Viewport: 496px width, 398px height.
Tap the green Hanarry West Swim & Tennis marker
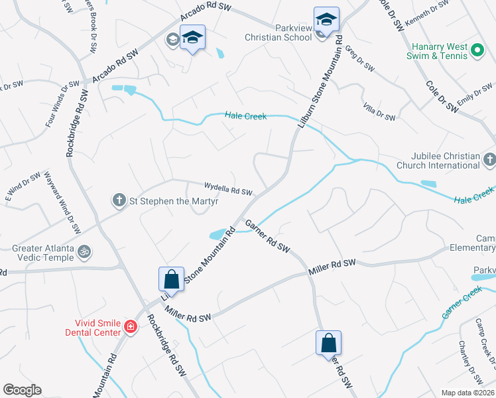[x=476, y=50]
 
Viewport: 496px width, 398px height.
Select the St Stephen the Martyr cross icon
[x=119, y=199]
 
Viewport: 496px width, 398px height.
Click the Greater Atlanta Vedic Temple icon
[x=84, y=251]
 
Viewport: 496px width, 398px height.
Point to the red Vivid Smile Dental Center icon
[x=131, y=326]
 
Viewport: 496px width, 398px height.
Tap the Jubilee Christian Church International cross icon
[x=489, y=160]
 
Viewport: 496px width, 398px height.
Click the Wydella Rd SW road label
[x=227, y=189]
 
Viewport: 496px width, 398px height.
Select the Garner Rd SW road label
[x=268, y=236]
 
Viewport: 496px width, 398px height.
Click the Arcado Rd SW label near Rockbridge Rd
[x=115, y=66]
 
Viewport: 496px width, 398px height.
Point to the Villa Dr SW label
[x=379, y=111]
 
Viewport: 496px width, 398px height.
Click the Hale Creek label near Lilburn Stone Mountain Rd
[x=245, y=116]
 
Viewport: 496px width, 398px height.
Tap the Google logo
[x=22, y=390]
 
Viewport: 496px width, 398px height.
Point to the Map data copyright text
[x=468, y=393]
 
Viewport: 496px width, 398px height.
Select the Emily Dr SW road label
[x=472, y=101]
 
